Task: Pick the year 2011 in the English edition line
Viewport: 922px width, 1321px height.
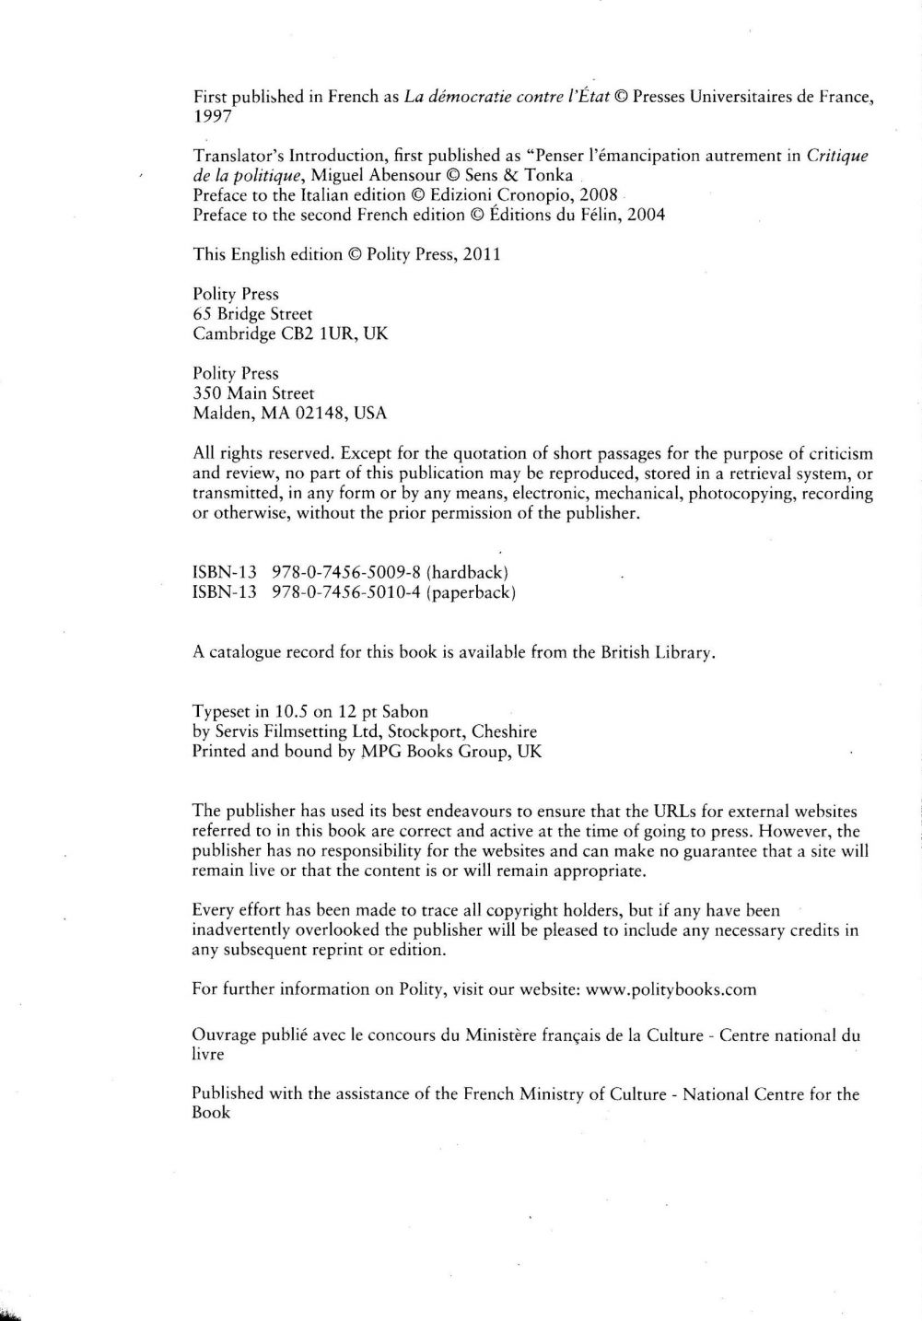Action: pyautogui.click(x=480, y=254)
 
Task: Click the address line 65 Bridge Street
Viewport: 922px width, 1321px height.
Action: pyautogui.click(x=252, y=314)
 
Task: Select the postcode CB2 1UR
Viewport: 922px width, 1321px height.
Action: pyautogui.click(x=320, y=334)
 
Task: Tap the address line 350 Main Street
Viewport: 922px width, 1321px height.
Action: pyautogui.click(x=253, y=393)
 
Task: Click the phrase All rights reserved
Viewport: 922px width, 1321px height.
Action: pyautogui.click(x=263, y=453)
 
